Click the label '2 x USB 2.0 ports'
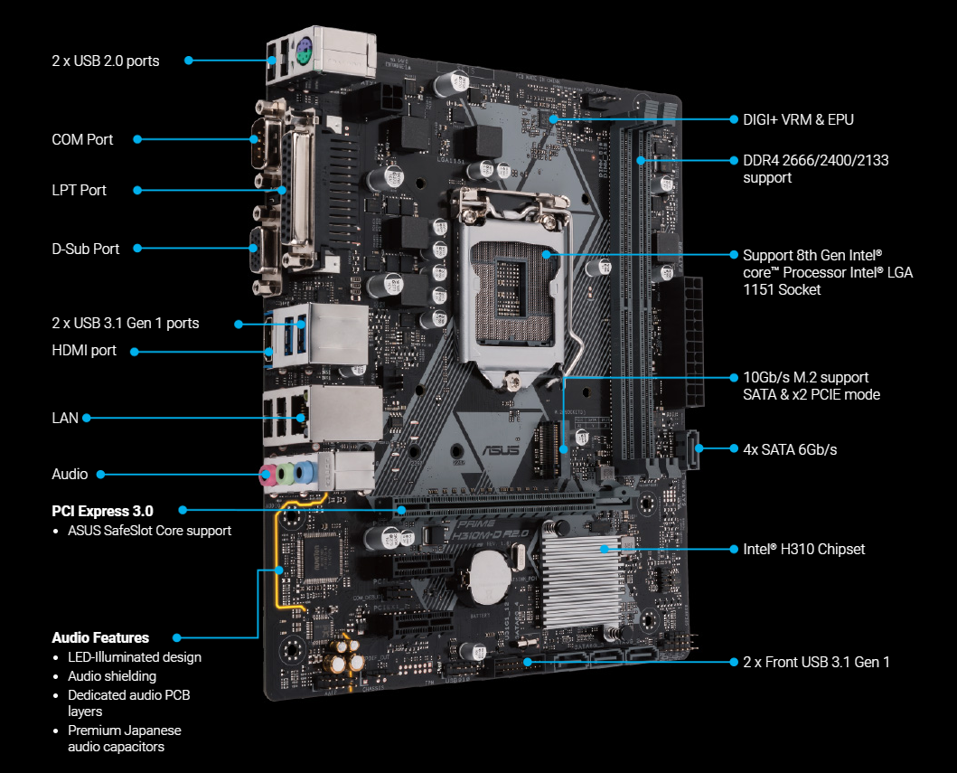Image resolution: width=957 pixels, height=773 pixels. [106, 61]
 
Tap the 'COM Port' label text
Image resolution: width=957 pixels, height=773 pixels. [82, 139]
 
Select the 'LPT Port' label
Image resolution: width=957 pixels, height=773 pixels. [79, 190]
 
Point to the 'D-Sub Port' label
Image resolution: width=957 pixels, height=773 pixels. [86, 249]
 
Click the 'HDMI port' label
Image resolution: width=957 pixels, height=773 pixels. [84, 351]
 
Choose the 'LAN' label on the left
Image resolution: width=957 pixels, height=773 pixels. [65, 418]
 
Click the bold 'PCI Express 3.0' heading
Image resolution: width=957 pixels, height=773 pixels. [102, 511]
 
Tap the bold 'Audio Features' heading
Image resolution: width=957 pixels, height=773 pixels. [100, 637]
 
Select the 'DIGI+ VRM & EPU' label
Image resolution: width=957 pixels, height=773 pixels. [798, 119]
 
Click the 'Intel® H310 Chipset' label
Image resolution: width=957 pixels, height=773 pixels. [803, 549]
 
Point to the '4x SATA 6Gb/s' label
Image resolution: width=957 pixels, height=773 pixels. [790, 449]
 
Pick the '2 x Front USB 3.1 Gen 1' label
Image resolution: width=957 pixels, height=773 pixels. [816, 662]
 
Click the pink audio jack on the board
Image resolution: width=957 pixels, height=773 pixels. [267, 475]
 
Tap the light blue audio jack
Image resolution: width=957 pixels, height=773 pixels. [304, 473]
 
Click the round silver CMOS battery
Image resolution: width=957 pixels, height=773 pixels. [490, 577]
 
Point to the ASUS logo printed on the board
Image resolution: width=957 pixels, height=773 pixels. [501, 450]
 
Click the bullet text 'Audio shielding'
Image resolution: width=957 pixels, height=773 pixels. [112, 676]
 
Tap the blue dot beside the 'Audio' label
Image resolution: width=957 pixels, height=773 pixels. [100, 475]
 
